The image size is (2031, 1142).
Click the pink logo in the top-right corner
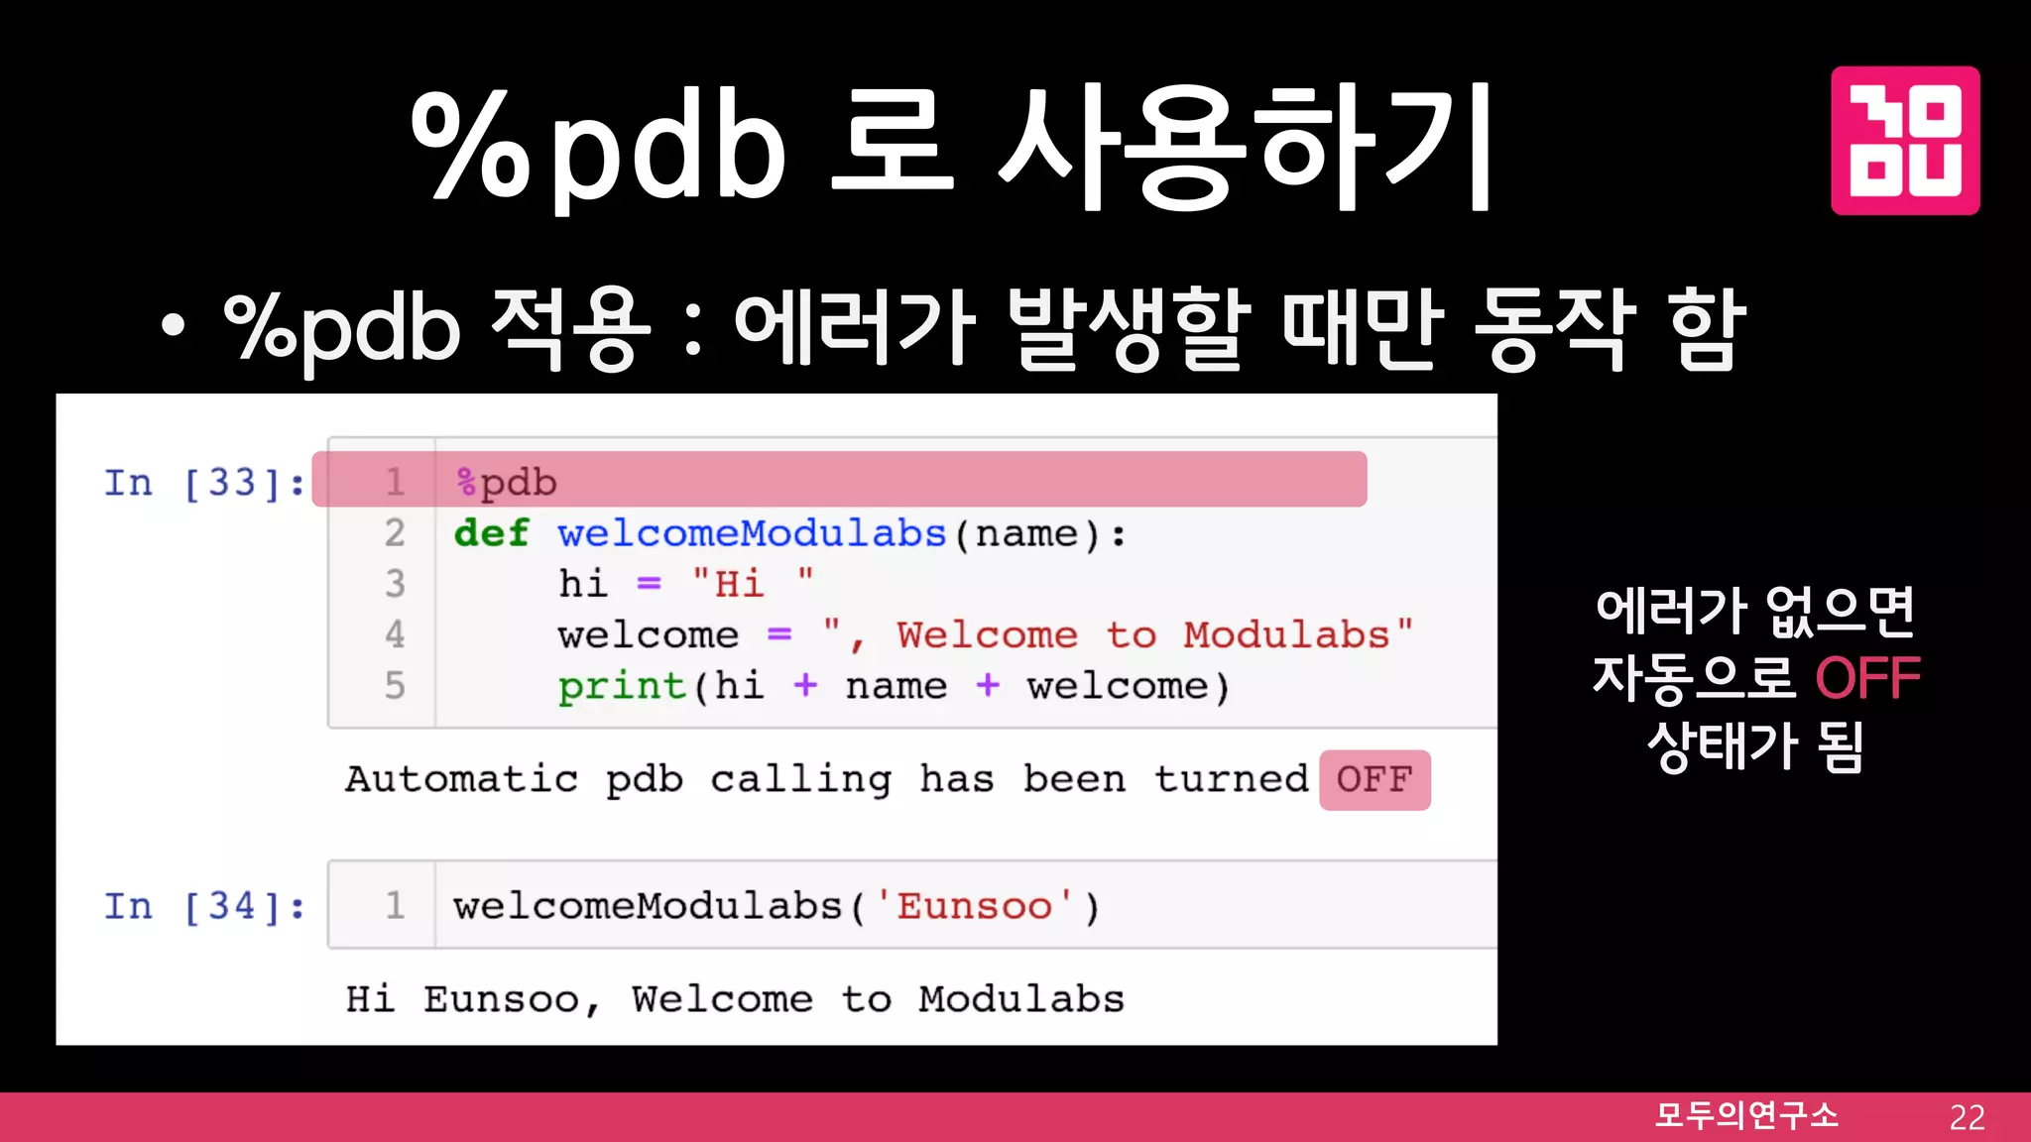[x=1904, y=140]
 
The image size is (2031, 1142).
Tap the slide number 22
[x=1967, y=1117]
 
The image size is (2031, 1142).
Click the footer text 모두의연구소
[x=1746, y=1115]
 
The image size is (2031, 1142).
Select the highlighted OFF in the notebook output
[x=1374, y=780]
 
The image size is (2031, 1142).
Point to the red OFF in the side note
[x=1867, y=679]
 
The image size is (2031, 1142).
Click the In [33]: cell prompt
[x=204, y=483]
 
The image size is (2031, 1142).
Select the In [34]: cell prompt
[x=204, y=906]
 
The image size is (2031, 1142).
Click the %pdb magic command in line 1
[x=506, y=483]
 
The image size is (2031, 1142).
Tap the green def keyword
[x=491, y=533]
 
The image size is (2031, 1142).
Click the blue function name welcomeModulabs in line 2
[x=751, y=533]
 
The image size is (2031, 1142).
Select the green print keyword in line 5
[x=621, y=686]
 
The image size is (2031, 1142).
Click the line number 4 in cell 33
[x=395, y=634]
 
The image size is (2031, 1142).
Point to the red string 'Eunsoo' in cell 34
[x=974, y=906]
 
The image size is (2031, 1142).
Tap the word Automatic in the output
[x=461, y=780]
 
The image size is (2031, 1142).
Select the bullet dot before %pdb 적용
[x=174, y=327]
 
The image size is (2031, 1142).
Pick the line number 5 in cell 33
[x=395, y=686]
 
